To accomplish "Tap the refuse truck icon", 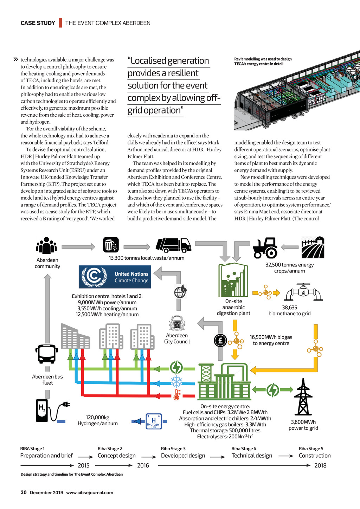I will coord(173,245).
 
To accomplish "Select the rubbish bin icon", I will coord(111,245).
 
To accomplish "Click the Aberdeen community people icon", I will coord(46,246).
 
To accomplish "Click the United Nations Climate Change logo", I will coord(115,277).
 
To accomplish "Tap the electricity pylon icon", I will coord(303,397).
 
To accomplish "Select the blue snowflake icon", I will coord(176,381).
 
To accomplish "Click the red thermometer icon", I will coord(176,395).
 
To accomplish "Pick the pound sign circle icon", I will coord(220,340).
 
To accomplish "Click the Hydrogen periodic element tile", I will coord(154,421).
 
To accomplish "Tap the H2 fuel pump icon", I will coord(42,410).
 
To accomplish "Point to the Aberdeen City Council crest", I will coord(177,323).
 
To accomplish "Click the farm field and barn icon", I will coord(313,247).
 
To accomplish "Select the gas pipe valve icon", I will coord(303,292).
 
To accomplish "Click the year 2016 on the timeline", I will coord(143,465).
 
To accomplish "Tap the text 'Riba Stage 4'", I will coord(244,449).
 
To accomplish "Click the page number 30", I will coord(24,492).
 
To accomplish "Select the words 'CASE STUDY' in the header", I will coord(38,23).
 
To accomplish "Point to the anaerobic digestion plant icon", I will coord(233,280).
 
